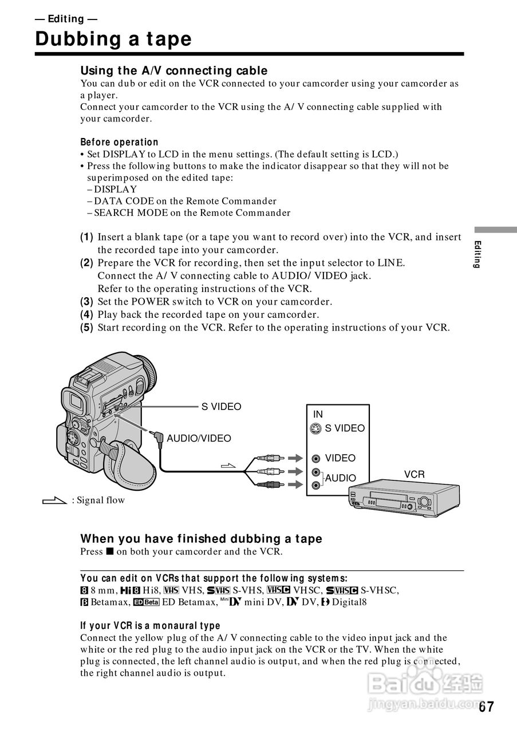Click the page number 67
[x=486, y=707]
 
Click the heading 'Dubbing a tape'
[x=113, y=39]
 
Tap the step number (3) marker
[x=86, y=301]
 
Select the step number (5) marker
[x=86, y=328]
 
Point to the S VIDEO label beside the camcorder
[x=221, y=407]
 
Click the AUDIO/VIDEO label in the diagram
[x=199, y=439]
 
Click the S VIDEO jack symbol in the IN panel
[x=316, y=428]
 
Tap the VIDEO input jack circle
[x=316, y=458]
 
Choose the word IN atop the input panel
[x=318, y=414]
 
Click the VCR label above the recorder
[x=414, y=474]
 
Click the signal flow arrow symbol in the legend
[x=55, y=501]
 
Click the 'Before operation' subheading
[x=119, y=142]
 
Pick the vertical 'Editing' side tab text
[x=478, y=255]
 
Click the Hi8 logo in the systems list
[x=131, y=590]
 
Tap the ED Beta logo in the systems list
[x=146, y=602]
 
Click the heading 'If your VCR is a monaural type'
[x=150, y=625]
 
